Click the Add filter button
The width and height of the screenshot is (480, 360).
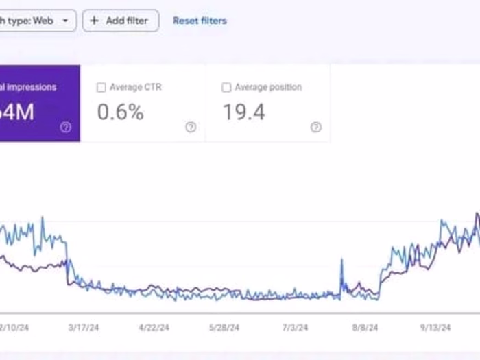pos(121,21)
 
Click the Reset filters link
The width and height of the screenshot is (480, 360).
pos(200,21)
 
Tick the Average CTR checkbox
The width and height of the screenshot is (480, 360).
pos(101,88)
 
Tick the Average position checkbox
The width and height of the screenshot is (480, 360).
pos(226,88)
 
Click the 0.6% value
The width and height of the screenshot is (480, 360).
pos(120,112)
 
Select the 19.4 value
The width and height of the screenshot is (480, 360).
pos(243,112)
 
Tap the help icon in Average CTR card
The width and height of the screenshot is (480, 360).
pos(191,127)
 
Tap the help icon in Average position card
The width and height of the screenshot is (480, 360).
pos(315,127)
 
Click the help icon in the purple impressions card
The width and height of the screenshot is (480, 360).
pos(66,127)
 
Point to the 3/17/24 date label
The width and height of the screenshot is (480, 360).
pos(84,328)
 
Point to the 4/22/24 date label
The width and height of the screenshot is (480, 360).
pos(153,328)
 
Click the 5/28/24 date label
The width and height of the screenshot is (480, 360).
pos(225,328)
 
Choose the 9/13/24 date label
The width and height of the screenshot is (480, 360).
pos(435,328)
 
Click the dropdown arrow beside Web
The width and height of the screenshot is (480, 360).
pos(65,21)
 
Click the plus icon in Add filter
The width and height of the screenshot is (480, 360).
pos(95,21)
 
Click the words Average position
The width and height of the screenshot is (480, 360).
pos(268,88)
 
